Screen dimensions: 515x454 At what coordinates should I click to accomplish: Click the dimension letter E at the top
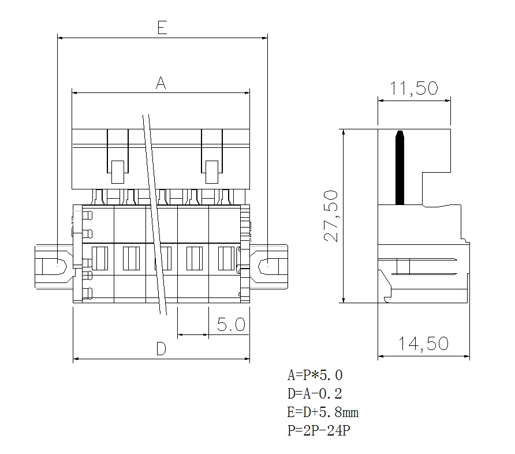(162, 27)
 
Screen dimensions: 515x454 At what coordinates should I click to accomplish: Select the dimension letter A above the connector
(161, 83)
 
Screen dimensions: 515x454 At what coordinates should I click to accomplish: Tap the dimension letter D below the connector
(161, 348)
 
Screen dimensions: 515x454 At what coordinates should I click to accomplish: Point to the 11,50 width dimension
(413, 89)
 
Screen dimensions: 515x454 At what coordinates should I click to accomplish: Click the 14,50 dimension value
(423, 344)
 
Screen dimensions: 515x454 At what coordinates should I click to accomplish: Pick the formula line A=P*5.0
(319, 375)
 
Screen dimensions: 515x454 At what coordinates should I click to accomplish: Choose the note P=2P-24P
(319, 431)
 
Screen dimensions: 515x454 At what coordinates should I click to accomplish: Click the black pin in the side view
(399, 168)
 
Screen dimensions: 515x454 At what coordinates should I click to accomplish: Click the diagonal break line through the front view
(155, 214)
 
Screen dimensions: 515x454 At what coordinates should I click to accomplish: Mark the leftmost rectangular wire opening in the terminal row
(100, 258)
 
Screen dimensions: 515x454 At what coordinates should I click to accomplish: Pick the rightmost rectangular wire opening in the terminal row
(226, 258)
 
